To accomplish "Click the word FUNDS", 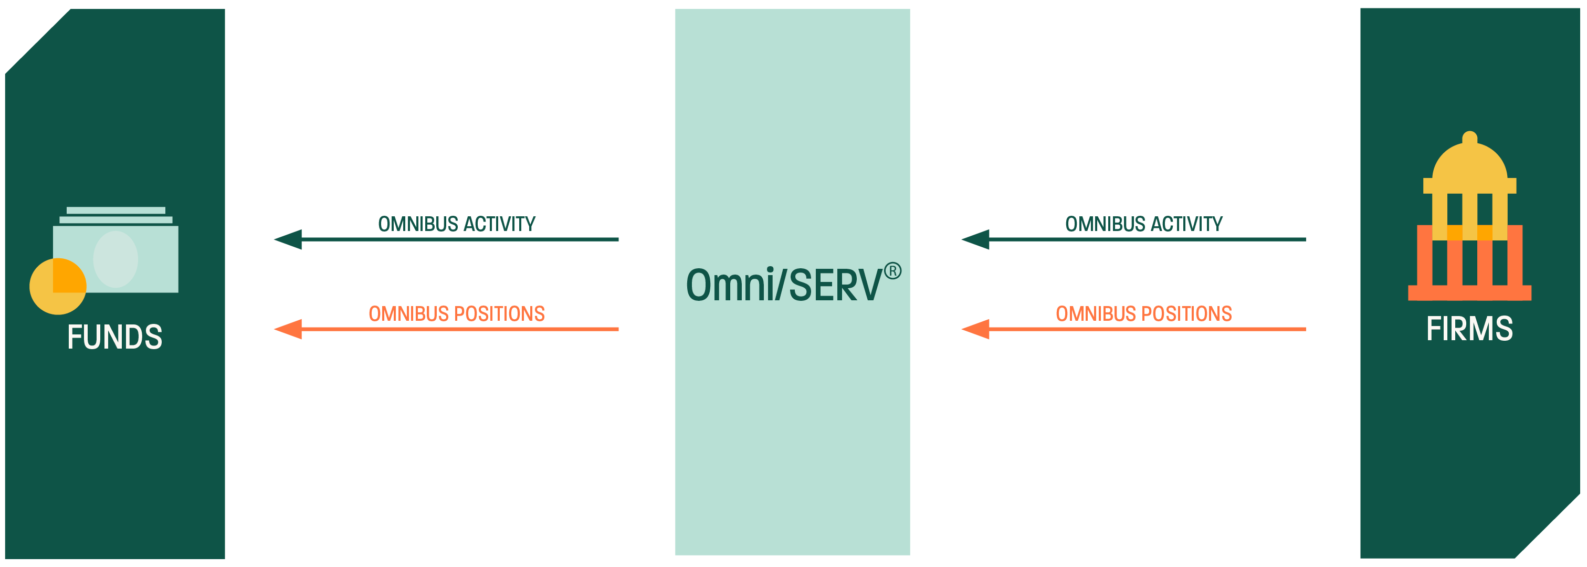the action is click(x=114, y=337).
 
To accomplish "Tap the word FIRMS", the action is click(x=1469, y=329).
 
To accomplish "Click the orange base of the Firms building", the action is click(x=1469, y=293).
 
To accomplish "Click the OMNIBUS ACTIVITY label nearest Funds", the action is click(x=457, y=224).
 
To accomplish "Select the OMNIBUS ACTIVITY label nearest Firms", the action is click(x=1144, y=224).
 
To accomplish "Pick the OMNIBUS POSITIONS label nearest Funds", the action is click(x=457, y=314).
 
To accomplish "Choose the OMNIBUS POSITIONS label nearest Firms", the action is click(x=1144, y=314).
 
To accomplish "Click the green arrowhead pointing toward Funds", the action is click(x=288, y=239).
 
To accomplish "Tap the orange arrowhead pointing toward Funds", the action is click(x=288, y=329).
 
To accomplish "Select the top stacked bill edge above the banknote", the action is click(x=116, y=210).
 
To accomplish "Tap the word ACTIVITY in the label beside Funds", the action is click(x=500, y=224).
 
